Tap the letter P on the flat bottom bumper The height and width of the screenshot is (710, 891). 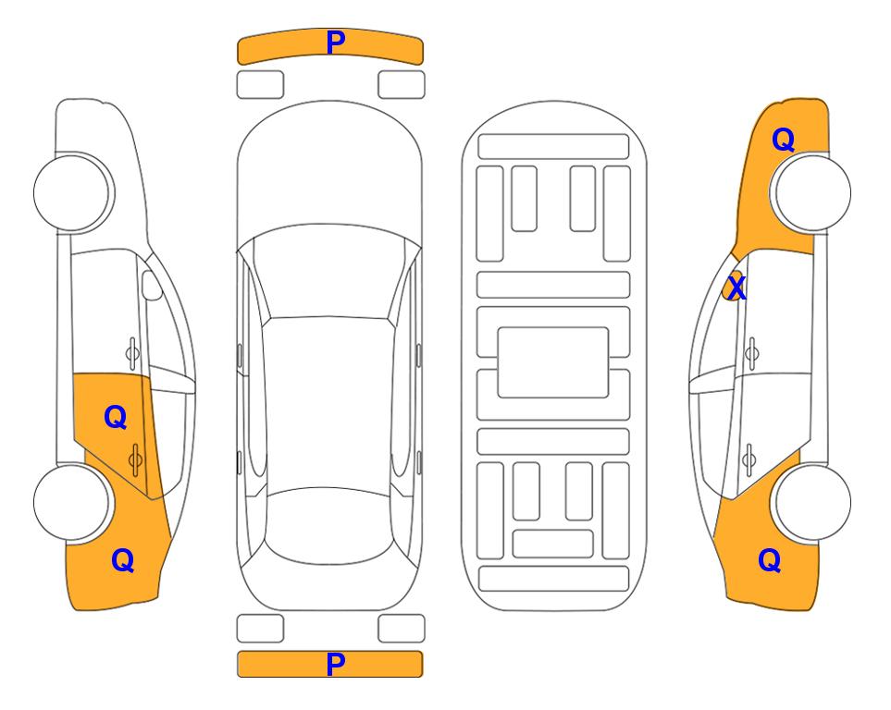(x=336, y=664)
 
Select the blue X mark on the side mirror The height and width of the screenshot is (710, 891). (x=736, y=287)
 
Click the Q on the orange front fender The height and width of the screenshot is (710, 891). (x=783, y=140)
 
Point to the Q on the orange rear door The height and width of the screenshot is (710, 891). (x=116, y=418)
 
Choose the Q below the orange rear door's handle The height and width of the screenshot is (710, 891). (x=123, y=560)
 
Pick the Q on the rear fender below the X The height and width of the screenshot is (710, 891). (x=770, y=560)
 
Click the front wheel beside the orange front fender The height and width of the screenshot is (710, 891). (x=811, y=192)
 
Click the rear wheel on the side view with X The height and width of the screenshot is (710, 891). (x=811, y=502)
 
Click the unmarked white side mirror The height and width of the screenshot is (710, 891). (x=152, y=285)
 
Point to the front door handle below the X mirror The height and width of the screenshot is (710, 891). (x=752, y=353)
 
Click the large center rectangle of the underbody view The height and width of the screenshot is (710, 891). (x=553, y=362)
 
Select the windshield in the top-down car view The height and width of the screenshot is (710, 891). (x=329, y=272)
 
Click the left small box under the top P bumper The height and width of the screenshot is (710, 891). (x=260, y=85)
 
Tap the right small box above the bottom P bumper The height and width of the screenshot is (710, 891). (x=402, y=629)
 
